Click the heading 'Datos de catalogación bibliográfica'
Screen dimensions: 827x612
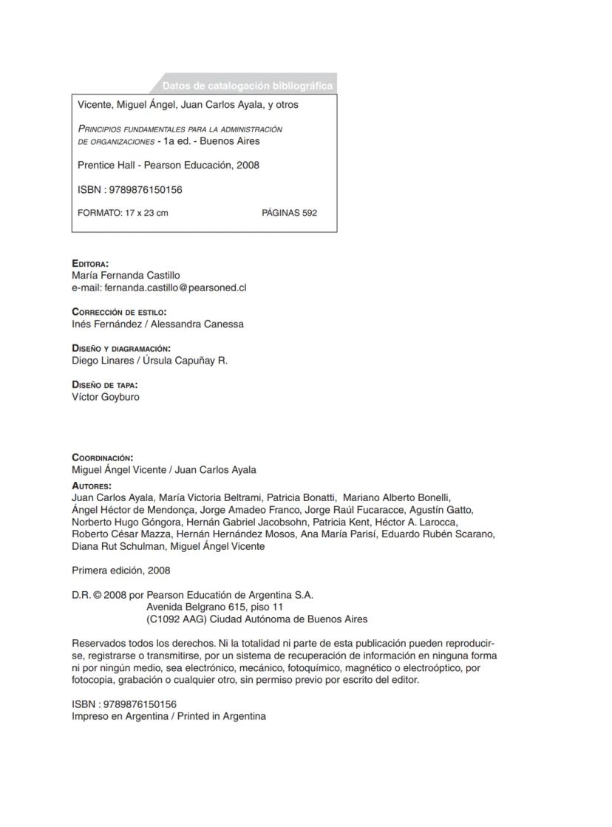[247, 86]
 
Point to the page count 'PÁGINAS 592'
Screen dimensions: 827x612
[289, 213]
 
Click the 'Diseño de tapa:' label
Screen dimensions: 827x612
[105, 384]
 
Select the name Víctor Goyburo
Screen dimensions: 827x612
[106, 397]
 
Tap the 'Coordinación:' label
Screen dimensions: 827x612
[103, 457]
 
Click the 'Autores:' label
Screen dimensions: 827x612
[92, 486]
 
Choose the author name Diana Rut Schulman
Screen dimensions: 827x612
[118, 547]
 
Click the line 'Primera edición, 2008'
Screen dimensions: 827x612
[121, 571]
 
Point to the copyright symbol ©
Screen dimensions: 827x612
[98, 595]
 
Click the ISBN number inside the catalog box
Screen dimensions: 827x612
[146, 189]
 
